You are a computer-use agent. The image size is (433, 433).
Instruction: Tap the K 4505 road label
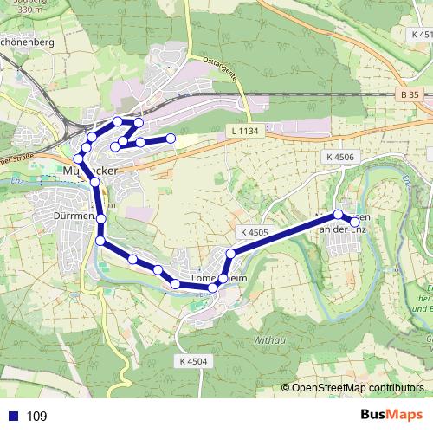[251, 233]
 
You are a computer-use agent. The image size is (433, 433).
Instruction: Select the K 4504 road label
[194, 360]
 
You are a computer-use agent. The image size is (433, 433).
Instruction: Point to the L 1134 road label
[245, 131]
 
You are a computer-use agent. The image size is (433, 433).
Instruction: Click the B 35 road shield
[410, 93]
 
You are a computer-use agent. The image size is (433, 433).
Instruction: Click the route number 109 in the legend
[36, 417]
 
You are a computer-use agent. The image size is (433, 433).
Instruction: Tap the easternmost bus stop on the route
[354, 222]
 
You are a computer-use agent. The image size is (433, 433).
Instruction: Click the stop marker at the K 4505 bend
[230, 254]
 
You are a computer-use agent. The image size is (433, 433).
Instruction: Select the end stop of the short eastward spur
[171, 139]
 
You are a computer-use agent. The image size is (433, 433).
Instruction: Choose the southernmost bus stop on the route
[213, 287]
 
